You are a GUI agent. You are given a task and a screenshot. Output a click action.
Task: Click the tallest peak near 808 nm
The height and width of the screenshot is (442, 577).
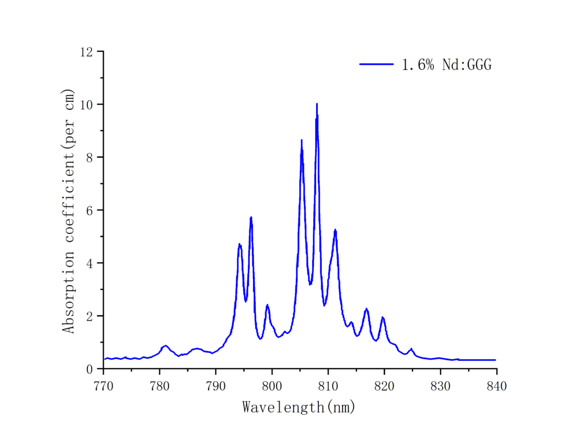317,104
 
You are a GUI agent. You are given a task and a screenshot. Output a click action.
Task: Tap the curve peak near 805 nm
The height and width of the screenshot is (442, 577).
301,140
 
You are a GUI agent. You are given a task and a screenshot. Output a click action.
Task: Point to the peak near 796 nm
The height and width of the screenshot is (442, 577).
251,217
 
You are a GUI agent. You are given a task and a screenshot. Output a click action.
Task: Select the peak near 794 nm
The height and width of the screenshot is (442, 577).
239,244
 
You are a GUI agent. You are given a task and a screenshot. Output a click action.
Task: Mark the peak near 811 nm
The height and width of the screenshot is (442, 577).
335,230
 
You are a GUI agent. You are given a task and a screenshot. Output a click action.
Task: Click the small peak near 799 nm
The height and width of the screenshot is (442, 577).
267,305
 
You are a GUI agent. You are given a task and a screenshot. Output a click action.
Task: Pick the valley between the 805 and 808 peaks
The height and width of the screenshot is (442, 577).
310,284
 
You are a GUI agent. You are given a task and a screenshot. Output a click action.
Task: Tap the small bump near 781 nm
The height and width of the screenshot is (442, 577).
166,346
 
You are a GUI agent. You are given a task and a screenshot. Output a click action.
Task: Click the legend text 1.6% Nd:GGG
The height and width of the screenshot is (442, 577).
446,65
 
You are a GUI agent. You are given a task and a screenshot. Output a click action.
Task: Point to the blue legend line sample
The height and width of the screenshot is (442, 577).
376,64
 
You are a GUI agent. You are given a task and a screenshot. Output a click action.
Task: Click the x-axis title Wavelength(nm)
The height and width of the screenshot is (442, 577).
299,406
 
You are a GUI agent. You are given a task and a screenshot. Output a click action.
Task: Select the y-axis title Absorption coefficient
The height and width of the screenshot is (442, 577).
69,210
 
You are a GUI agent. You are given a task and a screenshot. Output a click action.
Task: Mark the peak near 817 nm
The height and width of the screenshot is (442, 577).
366,309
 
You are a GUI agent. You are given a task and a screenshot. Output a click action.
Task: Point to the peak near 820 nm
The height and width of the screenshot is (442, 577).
383,317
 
